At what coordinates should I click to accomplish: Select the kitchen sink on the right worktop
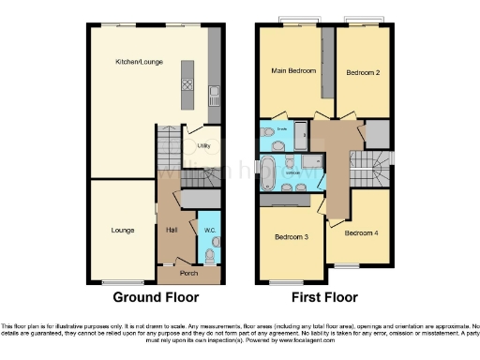pos(214,93)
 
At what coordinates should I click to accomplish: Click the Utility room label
pos(204,146)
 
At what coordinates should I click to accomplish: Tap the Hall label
pos(171,228)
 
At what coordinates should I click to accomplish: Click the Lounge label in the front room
pos(123,228)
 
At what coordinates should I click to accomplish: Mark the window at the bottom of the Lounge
pos(122,282)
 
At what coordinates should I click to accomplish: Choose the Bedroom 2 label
pos(361,72)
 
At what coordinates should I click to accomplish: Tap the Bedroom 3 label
pos(290,238)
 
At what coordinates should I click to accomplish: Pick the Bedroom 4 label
pos(360,232)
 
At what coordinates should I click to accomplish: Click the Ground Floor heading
pos(156,298)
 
